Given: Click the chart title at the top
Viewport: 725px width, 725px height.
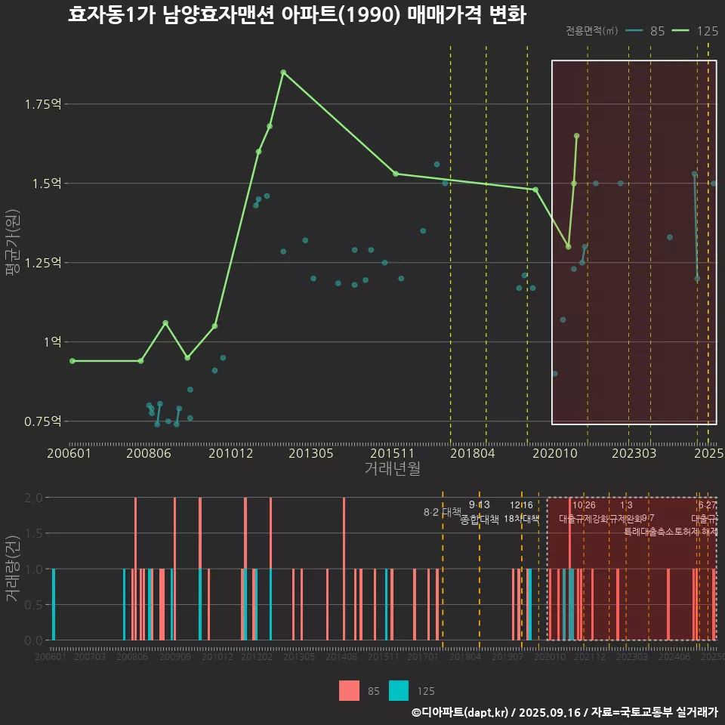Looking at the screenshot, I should pos(296,16).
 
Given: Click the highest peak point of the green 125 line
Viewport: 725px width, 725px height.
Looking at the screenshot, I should pos(283,72).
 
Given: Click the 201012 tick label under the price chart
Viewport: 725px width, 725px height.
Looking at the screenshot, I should pos(230,453).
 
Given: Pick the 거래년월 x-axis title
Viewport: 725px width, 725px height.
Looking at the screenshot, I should pos(392,469).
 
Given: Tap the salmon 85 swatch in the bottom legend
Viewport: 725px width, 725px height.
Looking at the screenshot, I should pos(350,690).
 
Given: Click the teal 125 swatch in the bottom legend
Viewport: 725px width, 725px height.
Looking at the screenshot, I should pos(399,690).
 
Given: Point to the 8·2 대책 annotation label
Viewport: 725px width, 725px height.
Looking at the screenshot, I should pos(443,512).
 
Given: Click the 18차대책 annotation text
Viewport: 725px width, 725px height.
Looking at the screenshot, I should pos(521,519).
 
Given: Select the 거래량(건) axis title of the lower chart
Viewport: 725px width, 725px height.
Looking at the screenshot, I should pos(12,569).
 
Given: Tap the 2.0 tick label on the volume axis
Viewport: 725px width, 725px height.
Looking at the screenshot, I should pos(34,498).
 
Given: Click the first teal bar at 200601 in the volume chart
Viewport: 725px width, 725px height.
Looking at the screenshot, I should pos(54,604).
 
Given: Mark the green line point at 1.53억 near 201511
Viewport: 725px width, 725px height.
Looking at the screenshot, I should pos(395,174).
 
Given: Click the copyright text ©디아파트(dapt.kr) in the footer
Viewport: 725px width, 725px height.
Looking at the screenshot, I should pos(460,712).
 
